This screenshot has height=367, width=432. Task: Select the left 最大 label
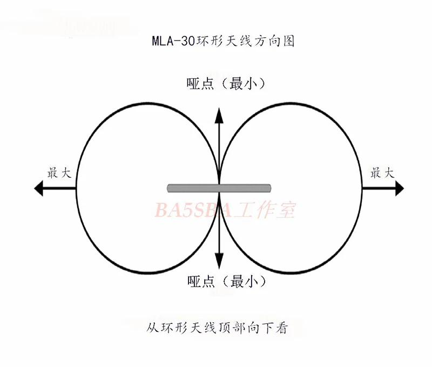pyautogui.click(x=59, y=173)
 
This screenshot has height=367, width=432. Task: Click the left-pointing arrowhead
pyautogui.click(x=39, y=188)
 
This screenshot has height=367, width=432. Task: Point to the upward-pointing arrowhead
pyautogui.click(x=219, y=113)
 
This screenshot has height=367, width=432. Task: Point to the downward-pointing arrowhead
pyautogui.click(x=219, y=263)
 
